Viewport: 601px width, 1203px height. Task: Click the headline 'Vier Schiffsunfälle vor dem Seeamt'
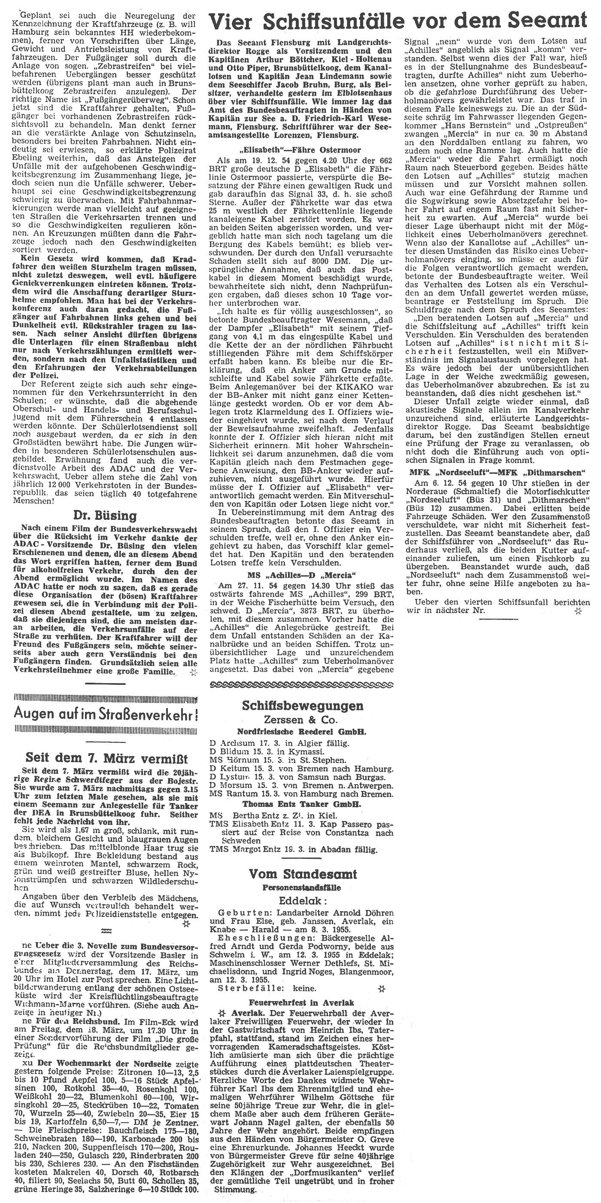tap(397, 21)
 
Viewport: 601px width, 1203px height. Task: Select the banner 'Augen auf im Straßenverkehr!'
tap(106, 713)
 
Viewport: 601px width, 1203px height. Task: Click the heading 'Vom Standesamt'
tap(302, 874)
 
